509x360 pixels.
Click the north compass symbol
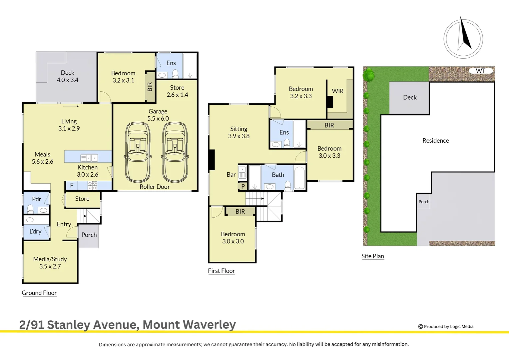point(463,39)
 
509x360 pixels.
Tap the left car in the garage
point(138,152)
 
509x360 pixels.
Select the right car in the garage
point(175,152)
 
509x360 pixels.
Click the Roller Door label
point(155,187)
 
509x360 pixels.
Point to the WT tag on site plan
point(480,71)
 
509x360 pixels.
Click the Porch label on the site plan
point(424,202)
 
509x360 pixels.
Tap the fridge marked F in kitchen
point(71,185)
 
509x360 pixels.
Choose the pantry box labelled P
point(243,186)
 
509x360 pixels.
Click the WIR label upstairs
point(337,91)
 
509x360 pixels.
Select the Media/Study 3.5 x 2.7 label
point(50,263)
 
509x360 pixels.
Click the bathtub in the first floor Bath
point(300,177)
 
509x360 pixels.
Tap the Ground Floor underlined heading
point(39,293)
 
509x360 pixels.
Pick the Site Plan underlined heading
point(373,256)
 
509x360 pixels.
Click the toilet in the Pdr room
point(30,209)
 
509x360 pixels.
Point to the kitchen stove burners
point(92,185)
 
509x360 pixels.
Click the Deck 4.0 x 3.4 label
point(68,76)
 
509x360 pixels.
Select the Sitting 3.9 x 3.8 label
point(239,132)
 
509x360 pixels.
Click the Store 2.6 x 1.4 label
point(177,91)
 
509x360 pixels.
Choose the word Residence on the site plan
point(436,141)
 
